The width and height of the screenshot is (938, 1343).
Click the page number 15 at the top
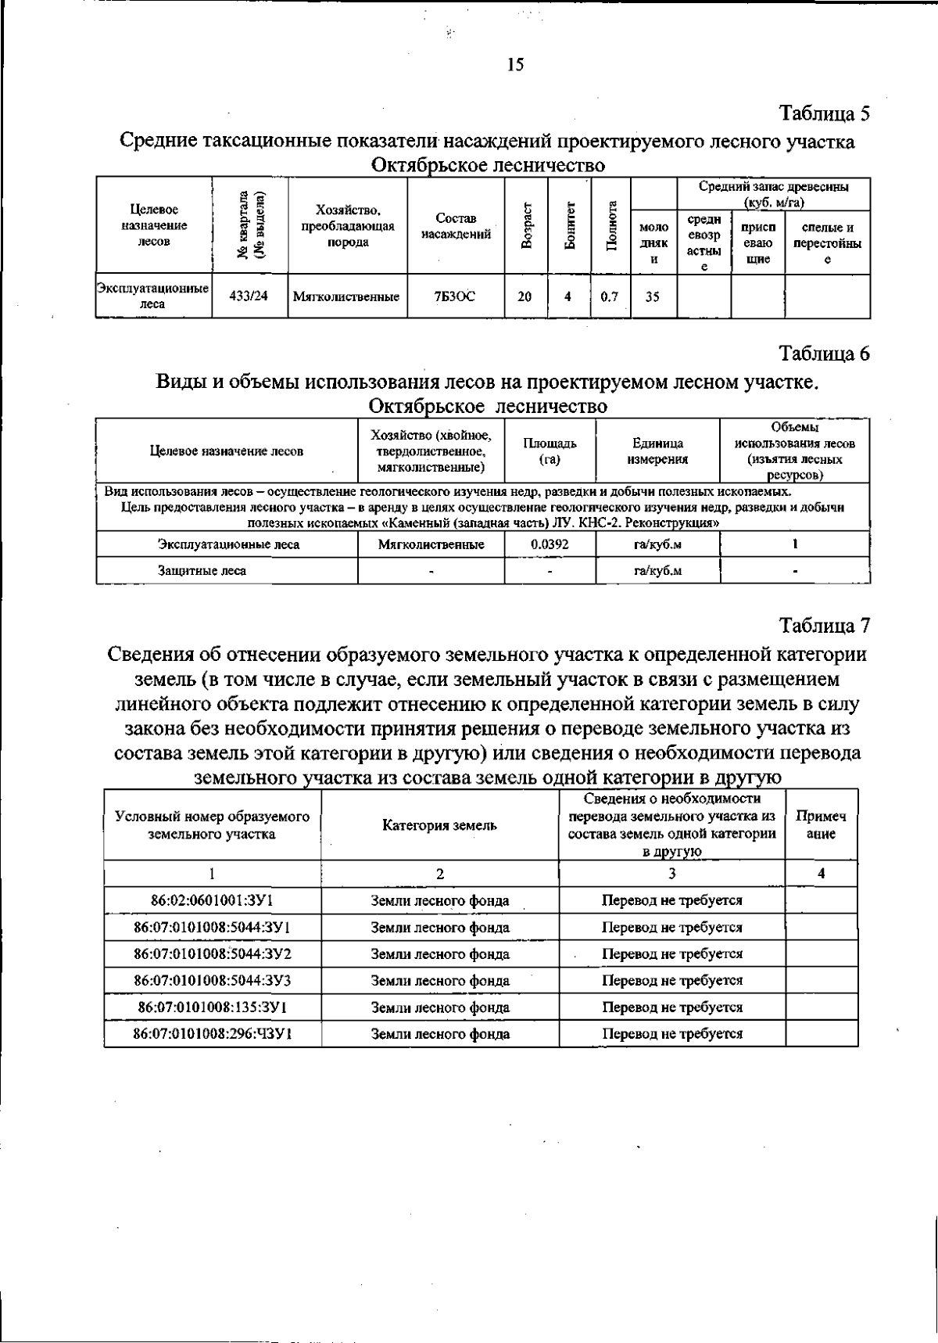tap(515, 65)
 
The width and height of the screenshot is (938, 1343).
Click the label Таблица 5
tap(825, 113)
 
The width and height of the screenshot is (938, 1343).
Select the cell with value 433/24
tap(250, 297)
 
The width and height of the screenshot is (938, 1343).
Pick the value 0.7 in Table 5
tap(610, 297)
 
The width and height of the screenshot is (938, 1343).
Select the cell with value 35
tap(653, 297)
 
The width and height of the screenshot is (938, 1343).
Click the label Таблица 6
tap(825, 354)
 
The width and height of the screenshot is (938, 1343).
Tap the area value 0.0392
tap(550, 544)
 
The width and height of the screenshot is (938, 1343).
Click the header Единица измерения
tap(657, 451)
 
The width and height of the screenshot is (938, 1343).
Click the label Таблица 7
tap(825, 626)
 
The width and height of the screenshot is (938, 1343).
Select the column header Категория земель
tap(439, 825)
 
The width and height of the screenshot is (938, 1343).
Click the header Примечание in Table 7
tap(821, 824)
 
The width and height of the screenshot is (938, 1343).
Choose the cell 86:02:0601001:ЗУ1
tap(212, 900)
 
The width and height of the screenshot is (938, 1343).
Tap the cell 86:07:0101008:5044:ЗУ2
tap(212, 953)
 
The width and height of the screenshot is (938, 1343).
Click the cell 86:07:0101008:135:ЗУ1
tap(212, 1007)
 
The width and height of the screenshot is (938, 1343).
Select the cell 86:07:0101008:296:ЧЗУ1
tap(212, 1033)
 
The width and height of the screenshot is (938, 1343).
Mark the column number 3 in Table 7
tap(671, 874)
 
